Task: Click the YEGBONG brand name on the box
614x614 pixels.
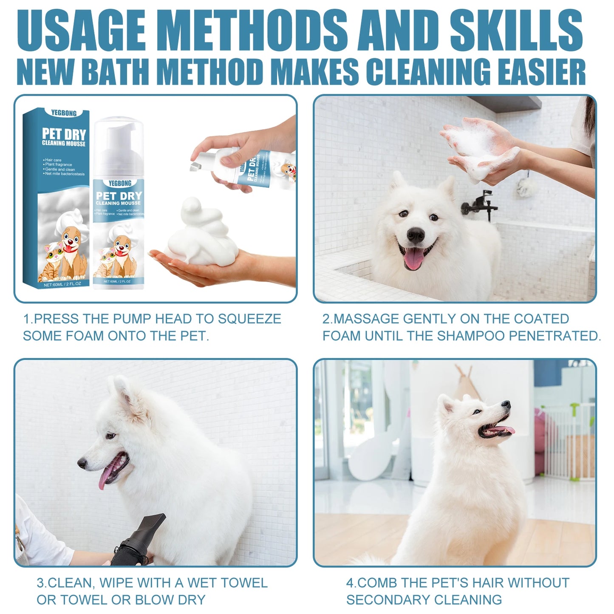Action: (64, 113)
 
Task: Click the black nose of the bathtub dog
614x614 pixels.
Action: (415, 234)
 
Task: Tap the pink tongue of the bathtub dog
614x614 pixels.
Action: (413, 259)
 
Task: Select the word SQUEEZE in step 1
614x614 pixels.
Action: (249, 319)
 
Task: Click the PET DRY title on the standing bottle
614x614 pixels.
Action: (119, 196)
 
